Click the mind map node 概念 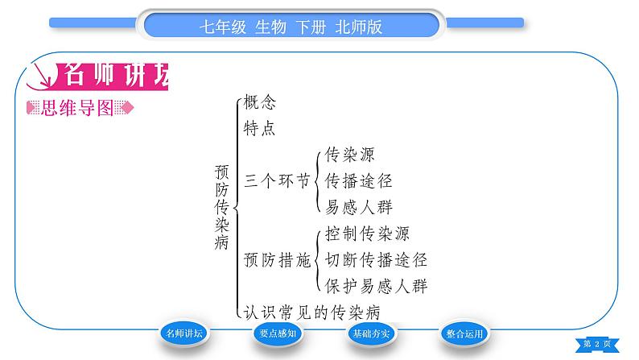259,102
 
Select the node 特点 259,127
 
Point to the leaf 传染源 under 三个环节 349,155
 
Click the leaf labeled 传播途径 358,180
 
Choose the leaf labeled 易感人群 358,207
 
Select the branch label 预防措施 276,260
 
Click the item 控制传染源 367,234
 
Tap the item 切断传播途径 375,260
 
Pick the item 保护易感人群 375,286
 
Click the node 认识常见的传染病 311,312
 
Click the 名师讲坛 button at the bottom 185,334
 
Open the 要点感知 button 278,334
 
